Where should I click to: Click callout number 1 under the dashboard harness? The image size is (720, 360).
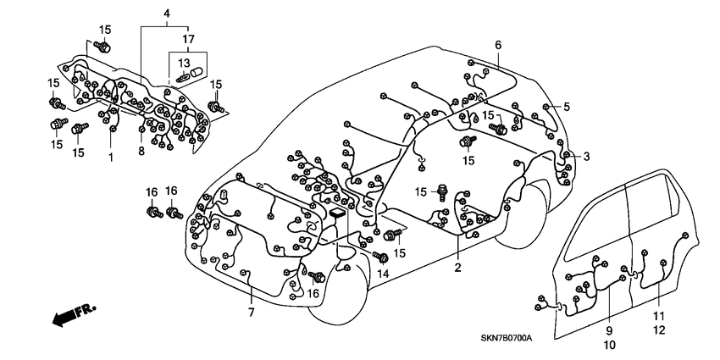pyautogui.click(x=109, y=158)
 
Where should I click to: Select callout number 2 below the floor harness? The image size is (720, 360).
pyautogui.click(x=458, y=269)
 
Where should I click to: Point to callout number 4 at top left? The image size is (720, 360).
pyautogui.click(x=167, y=14)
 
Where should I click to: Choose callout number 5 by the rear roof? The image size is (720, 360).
pyautogui.click(x=567, y=107)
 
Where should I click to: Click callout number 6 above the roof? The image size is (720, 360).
pyautogui.click(x=498, y=45)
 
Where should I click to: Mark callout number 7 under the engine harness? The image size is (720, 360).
pyautogui.click(x=251, y=314)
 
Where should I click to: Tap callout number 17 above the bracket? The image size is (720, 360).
pyautogui.click(x=188, y=39)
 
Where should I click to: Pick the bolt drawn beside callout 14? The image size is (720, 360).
pyautogui.click(x=380, y=256)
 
